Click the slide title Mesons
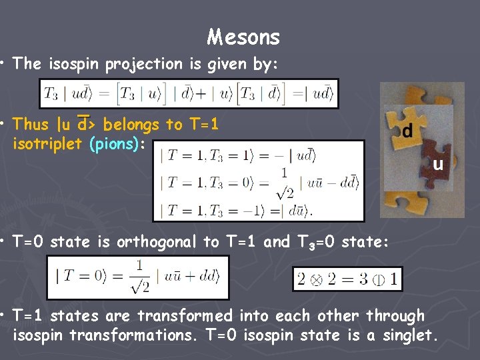click(x=243, y=37)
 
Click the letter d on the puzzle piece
click(x=407, y=131)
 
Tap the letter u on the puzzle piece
click(x=438, y=163)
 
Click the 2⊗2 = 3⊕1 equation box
click(x=347, y=279)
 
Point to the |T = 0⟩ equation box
click(x=137, y=277)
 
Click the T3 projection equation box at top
click(x=189, y=93)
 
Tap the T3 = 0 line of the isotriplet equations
click(x=259, y=182)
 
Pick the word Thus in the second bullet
click(x=31, y=124)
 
